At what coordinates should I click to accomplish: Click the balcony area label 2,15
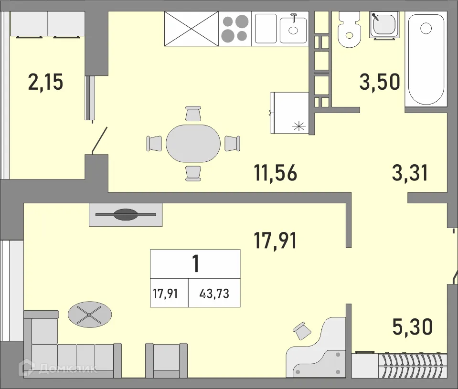[x=46, y=83]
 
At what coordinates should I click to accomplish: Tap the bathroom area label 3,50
[x=380, y=82]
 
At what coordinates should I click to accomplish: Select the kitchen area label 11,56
[x=276, y=173]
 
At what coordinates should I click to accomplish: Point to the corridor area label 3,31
[x=409, y=173]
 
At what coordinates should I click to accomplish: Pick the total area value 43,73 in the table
[x=214, y=293]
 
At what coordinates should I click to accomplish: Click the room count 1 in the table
[x=195, y=263]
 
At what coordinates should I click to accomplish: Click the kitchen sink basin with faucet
[x=293, y=29]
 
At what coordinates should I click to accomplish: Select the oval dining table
[x=193, y=143]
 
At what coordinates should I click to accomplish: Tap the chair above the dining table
[x=193, y=114]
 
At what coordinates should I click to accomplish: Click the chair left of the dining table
[x=155, y=143]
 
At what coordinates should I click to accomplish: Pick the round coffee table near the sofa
[x=90, y=314]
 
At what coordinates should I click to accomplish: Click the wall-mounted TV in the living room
[x=126, y=215]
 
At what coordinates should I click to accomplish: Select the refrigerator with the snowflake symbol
[x=290, y=113]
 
